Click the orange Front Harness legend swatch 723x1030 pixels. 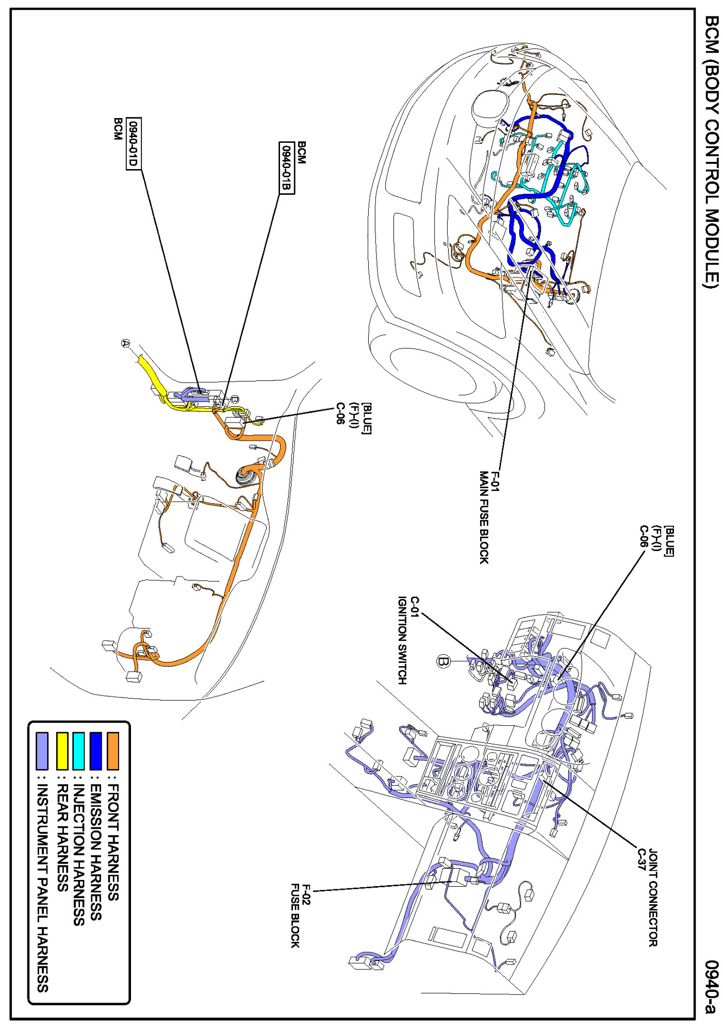click(x=112, y=750)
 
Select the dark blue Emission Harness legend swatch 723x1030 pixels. click(x=96, y=750)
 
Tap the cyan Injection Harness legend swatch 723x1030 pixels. click(x=79, y=750)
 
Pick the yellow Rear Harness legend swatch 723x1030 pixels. click(x=62, y=750)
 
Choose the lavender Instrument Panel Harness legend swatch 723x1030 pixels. click(x=42, y=750)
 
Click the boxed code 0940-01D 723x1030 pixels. click(x=134, y=143)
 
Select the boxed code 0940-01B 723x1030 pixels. click(x=287, y=168)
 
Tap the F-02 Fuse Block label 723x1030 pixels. click(x=300, y=916)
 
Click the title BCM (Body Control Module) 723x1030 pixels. click(x=711, y=152)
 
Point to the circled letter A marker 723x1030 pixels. click(x=126, y=343)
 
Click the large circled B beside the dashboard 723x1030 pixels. click(x=443, y=661)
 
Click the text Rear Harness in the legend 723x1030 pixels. click(x=62, y=838)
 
